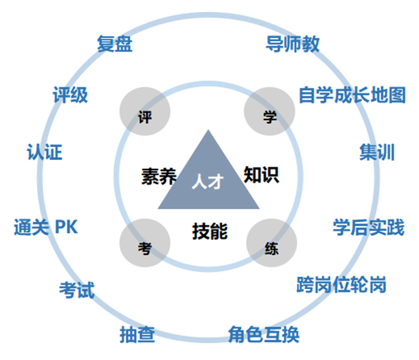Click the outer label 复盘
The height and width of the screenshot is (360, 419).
pos(115,44)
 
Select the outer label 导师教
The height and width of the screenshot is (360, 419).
pos(292,44)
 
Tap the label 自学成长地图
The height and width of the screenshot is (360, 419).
pos(352,95)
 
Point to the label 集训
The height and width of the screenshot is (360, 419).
pos(377,152)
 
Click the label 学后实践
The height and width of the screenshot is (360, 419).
pos(368,227)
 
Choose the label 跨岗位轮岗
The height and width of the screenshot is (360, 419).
pos(341,285)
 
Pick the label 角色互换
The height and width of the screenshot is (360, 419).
pos(264,334)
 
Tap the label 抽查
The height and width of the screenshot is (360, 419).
pos(137,334)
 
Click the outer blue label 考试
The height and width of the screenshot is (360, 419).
pos(77,290)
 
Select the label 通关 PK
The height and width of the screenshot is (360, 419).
pos(46,227)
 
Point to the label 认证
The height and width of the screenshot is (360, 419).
pos(45,152)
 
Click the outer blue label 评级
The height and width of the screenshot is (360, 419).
pos(70,94)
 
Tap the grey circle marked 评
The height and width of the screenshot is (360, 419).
pos(145,111)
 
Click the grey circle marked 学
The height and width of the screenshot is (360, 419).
pos(270,111)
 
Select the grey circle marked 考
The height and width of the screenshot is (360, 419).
pos(145,243)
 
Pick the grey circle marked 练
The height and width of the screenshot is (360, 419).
pos(272,243)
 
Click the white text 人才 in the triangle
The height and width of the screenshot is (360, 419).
pos(208,182)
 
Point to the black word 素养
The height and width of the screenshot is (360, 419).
pos(159,177)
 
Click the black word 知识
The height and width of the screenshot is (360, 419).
pos(261,175)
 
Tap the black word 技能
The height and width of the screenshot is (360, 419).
pos(209,232)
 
